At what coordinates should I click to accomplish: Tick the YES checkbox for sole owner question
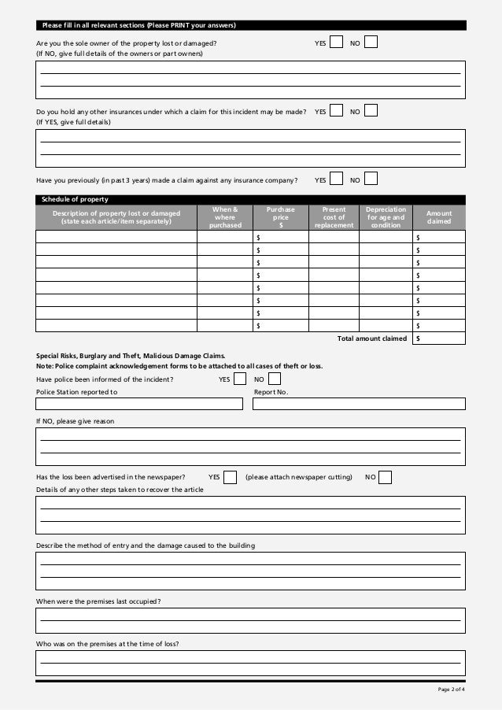(337, 42)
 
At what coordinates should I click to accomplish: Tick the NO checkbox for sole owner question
(371, 42)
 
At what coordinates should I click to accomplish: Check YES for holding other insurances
(337, 111)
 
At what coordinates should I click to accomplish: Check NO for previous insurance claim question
(371, 179)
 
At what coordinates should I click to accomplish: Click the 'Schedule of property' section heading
(75, 199)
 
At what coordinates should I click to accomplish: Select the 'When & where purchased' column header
(226, 217)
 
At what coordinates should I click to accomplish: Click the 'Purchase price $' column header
(281, 217)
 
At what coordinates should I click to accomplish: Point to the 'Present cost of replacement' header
(334, 217)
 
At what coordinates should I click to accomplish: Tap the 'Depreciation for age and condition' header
(386, 217)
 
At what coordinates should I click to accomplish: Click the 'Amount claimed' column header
(439, 217)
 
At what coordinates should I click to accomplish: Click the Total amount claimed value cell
(439, 338)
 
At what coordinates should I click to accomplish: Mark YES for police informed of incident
(240, 379)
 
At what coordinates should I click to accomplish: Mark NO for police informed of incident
(275, 379)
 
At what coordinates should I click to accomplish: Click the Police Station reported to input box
(139, 404)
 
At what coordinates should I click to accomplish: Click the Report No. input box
(359, 404)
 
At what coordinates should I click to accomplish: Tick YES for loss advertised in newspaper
(231, 477)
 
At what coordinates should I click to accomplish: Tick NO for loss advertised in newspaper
(386, 477)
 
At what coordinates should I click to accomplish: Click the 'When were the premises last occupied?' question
(99, 601)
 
